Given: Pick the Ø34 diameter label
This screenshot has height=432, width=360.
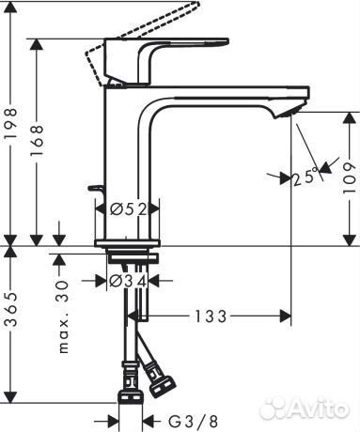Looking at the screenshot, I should pos(130,279).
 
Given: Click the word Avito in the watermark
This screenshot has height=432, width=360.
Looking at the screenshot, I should pos(316,408).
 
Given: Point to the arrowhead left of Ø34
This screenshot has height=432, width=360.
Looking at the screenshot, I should pos(101,279).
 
